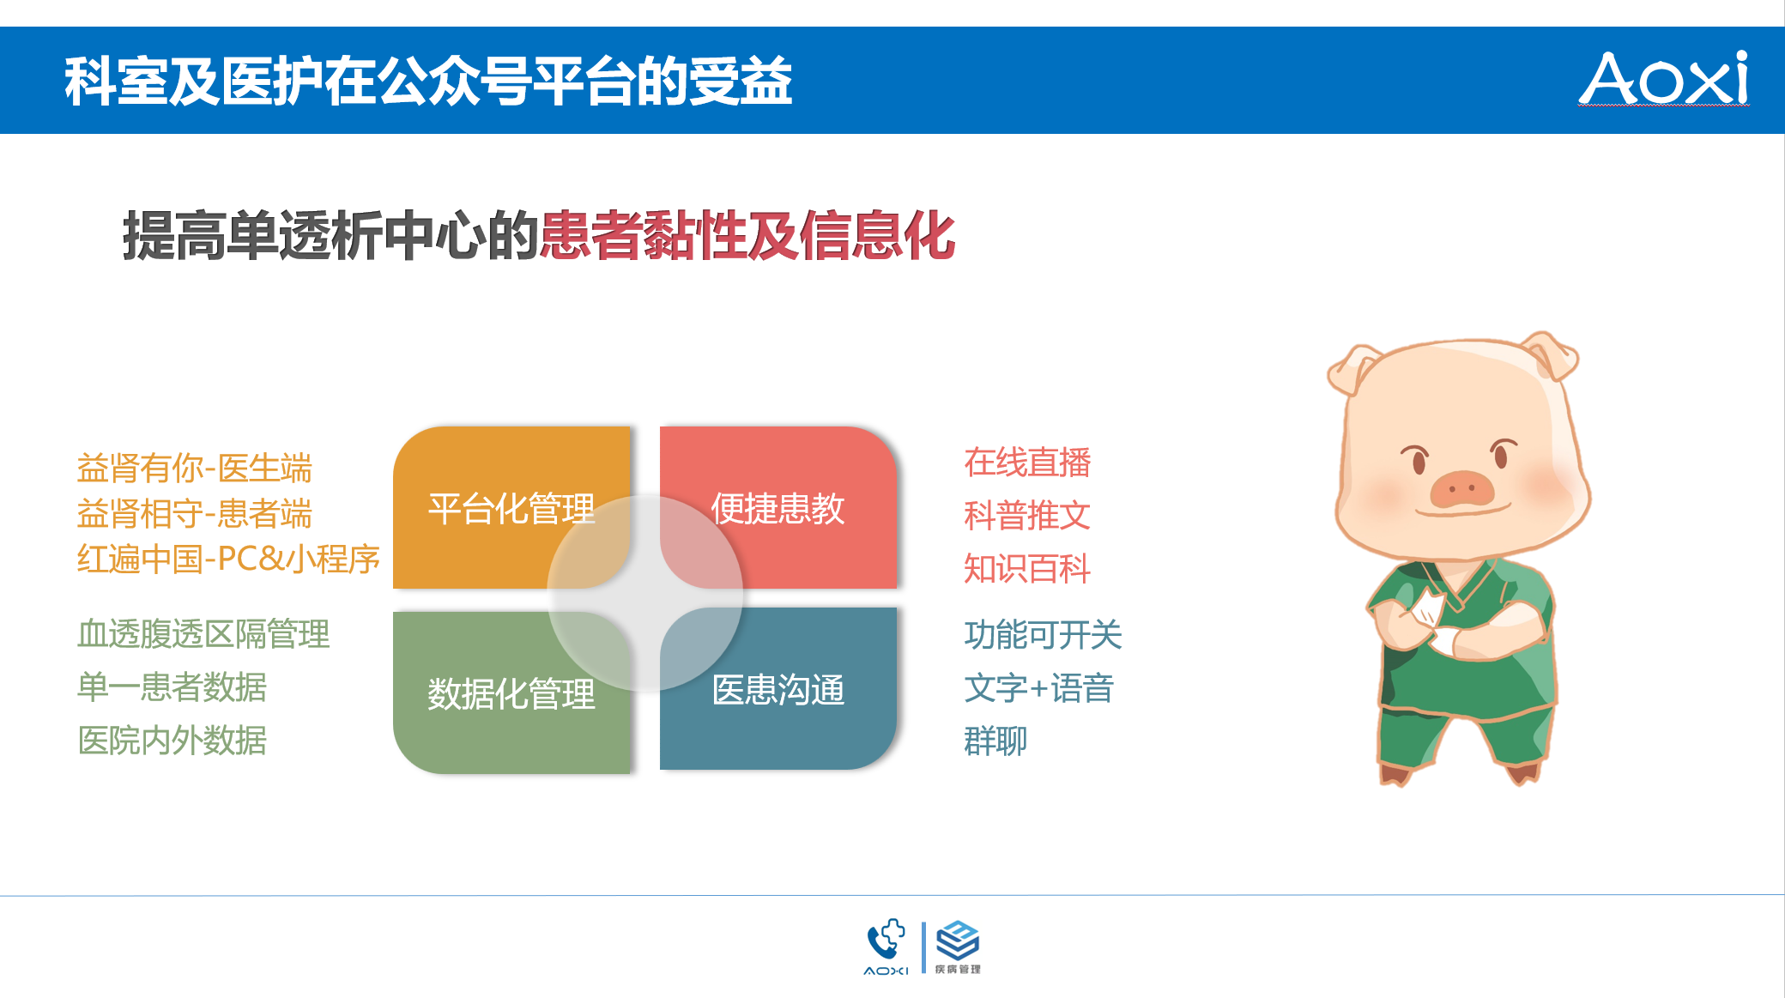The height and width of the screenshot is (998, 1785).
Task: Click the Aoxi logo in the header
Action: click(x=1664, y=78)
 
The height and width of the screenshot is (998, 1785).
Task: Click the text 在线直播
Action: click(x=1027, y=463)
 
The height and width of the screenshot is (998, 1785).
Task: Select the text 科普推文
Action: click(x=1027, y=516)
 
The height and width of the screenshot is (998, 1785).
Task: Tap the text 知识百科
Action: click(x=1027, y=569)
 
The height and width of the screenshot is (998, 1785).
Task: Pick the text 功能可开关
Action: click(x=1044, y=635)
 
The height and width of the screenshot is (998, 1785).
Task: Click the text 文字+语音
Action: click(x=1039, y=688)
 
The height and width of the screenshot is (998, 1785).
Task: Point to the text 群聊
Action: click(x=995, y=741)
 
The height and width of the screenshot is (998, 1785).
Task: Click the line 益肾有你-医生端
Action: click(x=195, y=469)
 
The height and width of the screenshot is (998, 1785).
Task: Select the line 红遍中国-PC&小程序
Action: click(x=228, y=559)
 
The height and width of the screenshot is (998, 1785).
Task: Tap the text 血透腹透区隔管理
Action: click(x=203, y=634)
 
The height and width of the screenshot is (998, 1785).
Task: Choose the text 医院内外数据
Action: click(x=172, y=741)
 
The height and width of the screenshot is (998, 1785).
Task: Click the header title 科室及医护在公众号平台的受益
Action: click(x=428, y=82)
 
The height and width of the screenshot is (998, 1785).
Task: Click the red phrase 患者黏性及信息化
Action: click(x=747, y=235)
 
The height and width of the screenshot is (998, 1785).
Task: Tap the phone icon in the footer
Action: click(x=886, y=941)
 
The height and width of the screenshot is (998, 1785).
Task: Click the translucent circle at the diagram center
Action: click(x=645, y=594)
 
